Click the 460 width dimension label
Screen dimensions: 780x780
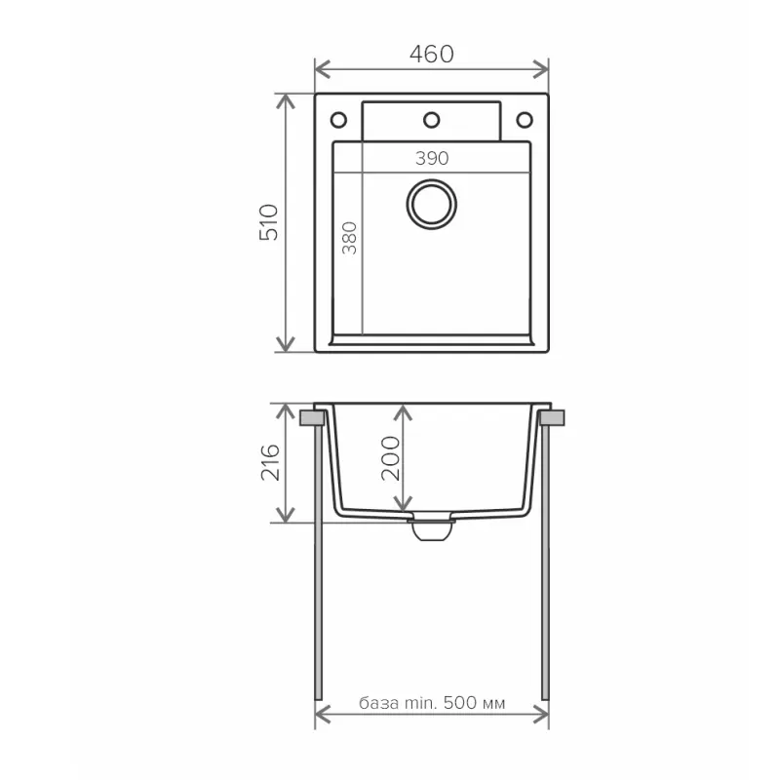tap(431, 55)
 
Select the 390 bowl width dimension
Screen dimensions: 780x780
tap(431, 159)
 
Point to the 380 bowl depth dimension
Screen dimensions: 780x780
tap(350, 239)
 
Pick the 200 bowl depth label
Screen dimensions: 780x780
tap(390, 456)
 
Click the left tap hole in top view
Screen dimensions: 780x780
tap(338, 120)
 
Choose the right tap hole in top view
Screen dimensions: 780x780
tap(524, 120)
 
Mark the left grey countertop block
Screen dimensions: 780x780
tap(313, 417)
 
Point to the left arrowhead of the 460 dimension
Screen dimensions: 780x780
tap(321, 68)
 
